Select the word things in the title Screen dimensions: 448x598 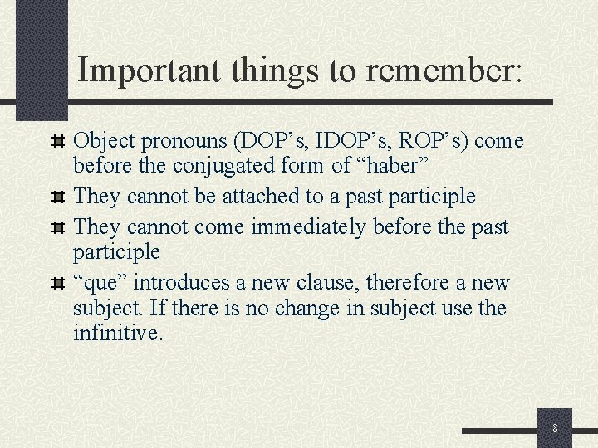pyautogui.click(x=267, y=71)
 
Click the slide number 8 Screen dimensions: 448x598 pyautogui.click(x=555, y=429)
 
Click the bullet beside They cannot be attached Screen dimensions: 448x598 pyautogui.click(x=58, y=197)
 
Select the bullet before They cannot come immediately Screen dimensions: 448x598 pyautogui.click(x=58, y=226)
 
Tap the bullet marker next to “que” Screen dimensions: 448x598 pyautogui.click(x=58, y=283)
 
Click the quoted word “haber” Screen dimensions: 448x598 pyautogui.click(x=392, y=166)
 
